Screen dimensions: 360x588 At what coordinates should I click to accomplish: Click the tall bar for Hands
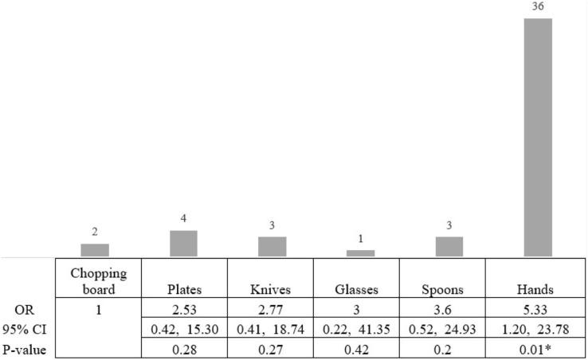tap(537, 137)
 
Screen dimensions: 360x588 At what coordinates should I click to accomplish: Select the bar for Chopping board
tap(95, 250)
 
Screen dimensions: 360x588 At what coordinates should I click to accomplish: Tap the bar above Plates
tap(183, 244)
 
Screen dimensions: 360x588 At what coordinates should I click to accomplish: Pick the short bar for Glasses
tap(360, 253)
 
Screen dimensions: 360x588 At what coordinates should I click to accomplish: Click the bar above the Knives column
tap(272, 247)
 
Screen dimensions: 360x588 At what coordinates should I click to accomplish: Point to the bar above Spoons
tap(449, 247)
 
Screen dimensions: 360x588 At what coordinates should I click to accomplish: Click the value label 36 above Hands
tap(537, 7)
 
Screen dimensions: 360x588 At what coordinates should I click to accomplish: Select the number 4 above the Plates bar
tap(183, 219)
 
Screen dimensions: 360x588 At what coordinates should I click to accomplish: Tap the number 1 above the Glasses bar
tap(360, 239)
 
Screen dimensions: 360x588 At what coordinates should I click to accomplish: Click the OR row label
tap(24, 308)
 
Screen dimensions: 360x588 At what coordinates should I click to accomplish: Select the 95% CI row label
tap(24, 327)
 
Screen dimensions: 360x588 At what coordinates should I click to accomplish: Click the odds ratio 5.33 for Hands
tap(537, 308)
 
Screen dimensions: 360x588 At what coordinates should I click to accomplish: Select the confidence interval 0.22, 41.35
tap(360, 327)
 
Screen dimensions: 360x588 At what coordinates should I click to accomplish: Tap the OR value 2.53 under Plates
tap(183, 308)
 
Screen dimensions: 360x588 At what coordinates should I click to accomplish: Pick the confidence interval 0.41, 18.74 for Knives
tap(272, 327)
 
